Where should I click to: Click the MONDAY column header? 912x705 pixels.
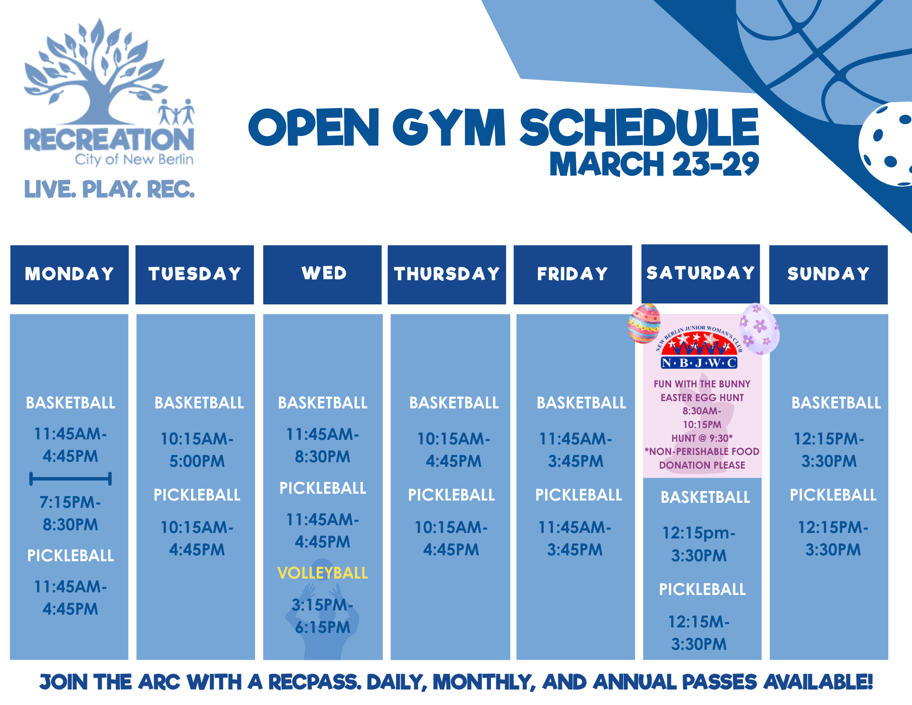click(69, 274)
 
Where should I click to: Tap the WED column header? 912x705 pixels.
click(323, 273)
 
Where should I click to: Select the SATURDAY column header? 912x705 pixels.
click(700, 273)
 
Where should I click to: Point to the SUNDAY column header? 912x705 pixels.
click(828, 274)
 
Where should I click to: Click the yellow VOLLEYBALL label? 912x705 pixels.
click(323, 573)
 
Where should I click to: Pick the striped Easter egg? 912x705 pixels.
click(644, 324)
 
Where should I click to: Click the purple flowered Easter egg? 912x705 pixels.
click(759, 329)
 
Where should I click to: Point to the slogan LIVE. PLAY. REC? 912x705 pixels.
click(109, 189)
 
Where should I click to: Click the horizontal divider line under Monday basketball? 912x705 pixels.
click(70, 479)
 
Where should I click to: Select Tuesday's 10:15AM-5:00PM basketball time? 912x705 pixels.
click(197, 450)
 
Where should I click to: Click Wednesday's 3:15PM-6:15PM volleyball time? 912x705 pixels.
click(323, 616)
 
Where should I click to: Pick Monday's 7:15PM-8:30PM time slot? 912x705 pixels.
click(70, 513)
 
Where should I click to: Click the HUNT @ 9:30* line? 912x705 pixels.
click(702, 438)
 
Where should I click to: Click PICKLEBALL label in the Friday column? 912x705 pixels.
click(578, 495)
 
